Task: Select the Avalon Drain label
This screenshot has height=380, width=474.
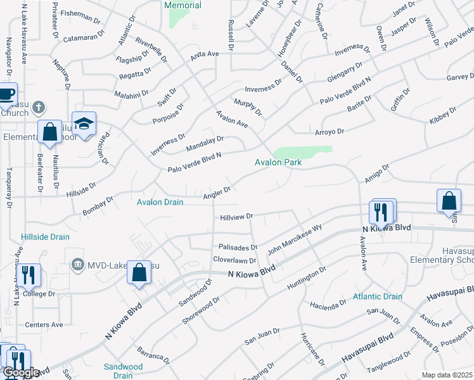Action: pos(160,202)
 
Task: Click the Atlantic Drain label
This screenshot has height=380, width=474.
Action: pos(378,296)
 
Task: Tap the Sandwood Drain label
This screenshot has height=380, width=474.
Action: pos(123,370)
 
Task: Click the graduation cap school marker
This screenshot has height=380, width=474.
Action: pos(83,124)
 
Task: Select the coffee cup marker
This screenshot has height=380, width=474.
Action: pos(6,94)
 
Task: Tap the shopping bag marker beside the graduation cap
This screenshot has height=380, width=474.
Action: pos(49,132)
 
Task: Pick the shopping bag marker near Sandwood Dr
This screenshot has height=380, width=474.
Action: pos(139,273)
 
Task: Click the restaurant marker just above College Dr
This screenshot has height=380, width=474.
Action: pos(29,275)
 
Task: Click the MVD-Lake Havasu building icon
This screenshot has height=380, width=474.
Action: pos(78,263)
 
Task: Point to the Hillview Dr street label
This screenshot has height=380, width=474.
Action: pos(236,217)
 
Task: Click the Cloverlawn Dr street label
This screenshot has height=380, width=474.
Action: pos(234,260)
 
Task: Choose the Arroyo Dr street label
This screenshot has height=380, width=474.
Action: pos(329,132)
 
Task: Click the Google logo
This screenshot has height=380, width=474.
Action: pos(21,372)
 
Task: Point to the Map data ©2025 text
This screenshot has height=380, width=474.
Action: pos(447,375)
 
